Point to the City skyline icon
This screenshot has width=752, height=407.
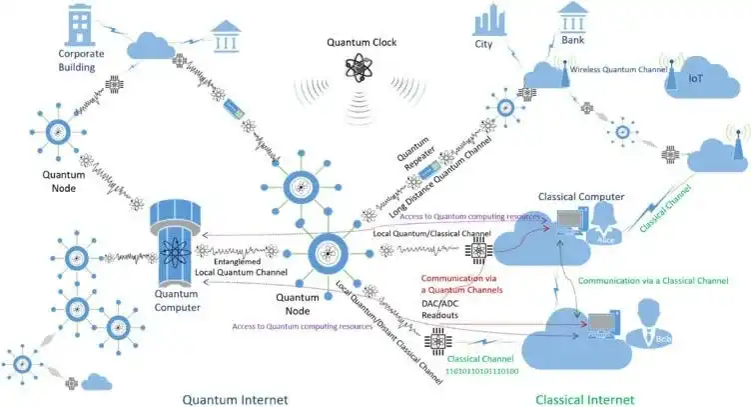click(x=488, y=20)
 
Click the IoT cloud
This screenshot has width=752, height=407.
click(x=695, y=78)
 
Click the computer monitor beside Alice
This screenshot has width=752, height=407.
click(x=569, y=219)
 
